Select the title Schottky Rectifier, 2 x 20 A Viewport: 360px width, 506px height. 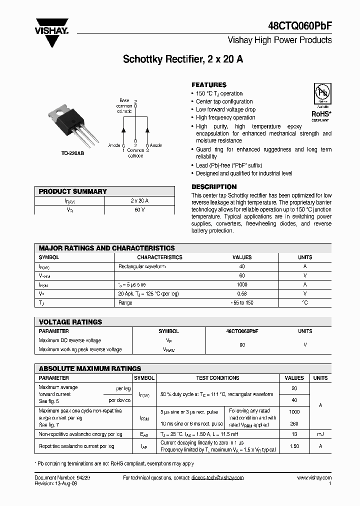(x=183, y=59)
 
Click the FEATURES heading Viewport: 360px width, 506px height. (x=209, y=85)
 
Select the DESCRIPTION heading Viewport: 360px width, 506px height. (x=214, y=187)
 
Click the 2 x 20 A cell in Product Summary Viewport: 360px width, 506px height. (x=139, y=200)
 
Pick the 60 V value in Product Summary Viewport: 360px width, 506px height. (x=139, y=210)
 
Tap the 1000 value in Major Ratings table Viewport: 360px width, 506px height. (x=242, y=284)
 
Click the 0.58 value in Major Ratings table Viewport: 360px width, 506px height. (x=242, y=293)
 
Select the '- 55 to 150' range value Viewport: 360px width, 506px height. (x=242, y=302)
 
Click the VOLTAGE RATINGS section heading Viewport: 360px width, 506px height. (x=70, y=322)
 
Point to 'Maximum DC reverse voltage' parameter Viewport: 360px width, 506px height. (x=69, y=340)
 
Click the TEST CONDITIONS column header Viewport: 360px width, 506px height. (x=217, y=378)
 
